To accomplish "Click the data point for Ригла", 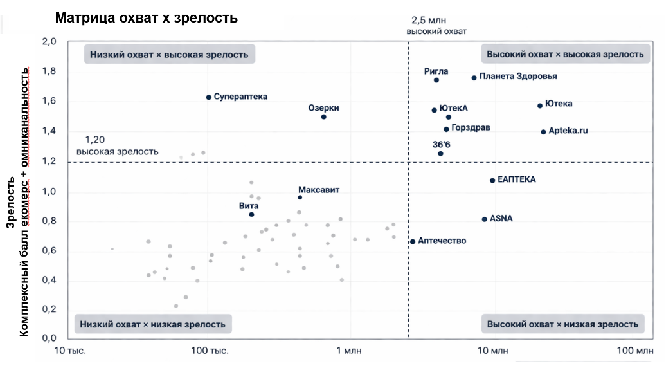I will [436, 80].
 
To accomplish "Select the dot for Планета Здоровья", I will [474, 78].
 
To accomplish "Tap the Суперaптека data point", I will [208, 97].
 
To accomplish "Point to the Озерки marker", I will [323, 116].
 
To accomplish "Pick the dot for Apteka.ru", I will [543, 132].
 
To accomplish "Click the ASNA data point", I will [485, 219].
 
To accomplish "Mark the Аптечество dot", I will [413, 241].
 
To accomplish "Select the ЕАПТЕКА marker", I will [492, 181].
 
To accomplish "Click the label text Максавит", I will [319, 190].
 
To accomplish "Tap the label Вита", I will [249, 205].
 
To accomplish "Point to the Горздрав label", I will [471, 128].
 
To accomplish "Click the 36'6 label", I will [442, 145].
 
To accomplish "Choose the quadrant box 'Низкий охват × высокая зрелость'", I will [169, 55].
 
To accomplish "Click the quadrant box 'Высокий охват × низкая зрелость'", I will [562, 324].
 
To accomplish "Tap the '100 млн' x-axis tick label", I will [634, 351].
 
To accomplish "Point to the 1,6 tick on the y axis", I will [50, 101].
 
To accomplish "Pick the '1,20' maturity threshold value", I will [94, 140].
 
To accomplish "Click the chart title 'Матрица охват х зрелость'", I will [147, 18].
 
